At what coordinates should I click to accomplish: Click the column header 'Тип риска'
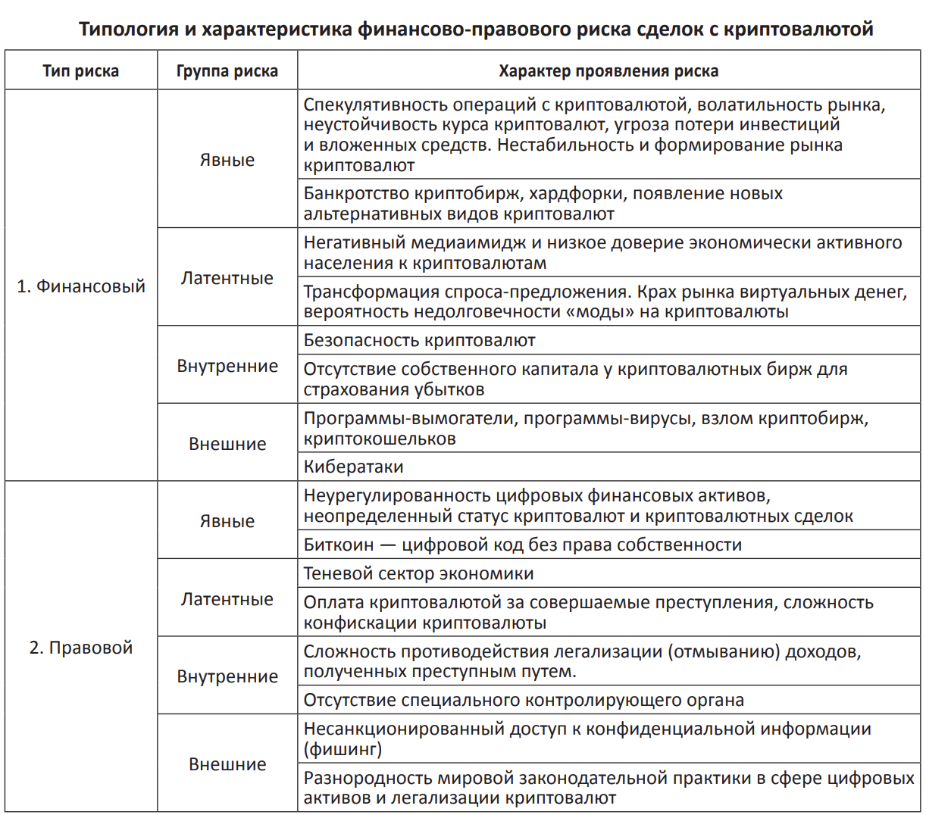click(80, 71)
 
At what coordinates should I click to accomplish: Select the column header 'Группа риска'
click(227, 71)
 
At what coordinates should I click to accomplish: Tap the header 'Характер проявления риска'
click(608, 71)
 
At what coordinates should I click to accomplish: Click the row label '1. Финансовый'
click(81, 286)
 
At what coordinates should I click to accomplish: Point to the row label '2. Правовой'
click(81, 648)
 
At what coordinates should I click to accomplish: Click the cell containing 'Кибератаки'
click(353, 467)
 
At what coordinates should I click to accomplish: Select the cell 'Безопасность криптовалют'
click(419, 341)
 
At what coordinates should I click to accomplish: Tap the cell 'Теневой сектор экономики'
click(418, 574)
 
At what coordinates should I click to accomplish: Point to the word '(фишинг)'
click(343, 750)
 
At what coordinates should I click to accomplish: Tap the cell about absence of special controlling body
click(524, 700)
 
